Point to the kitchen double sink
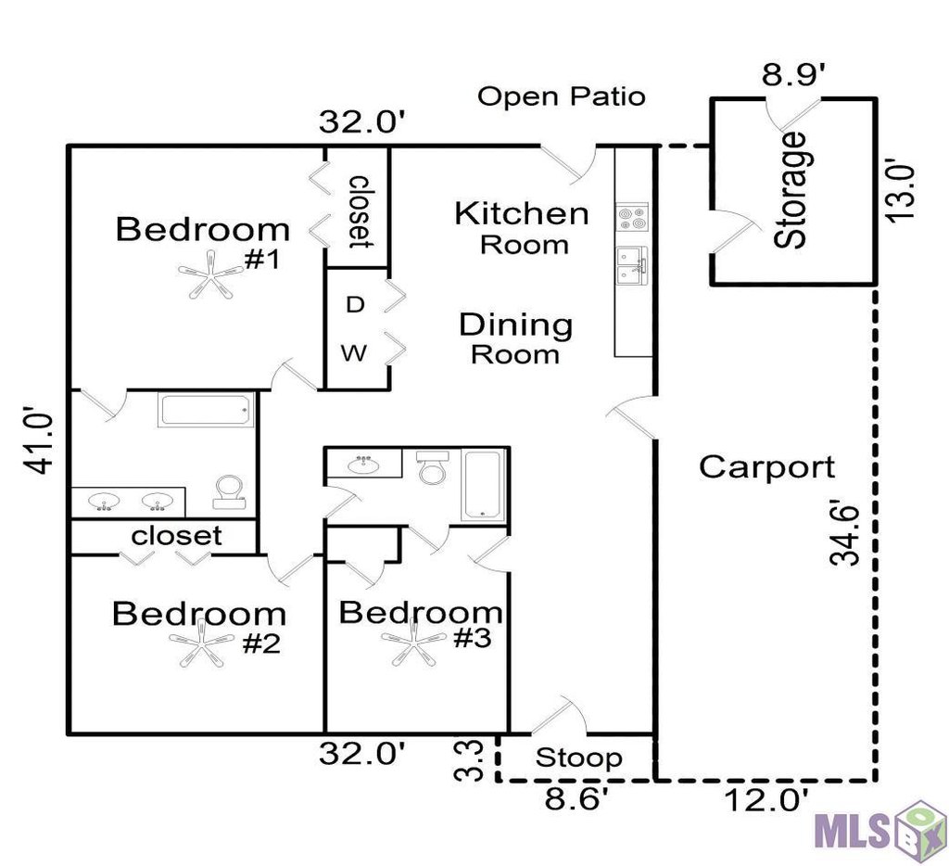coord(632,265)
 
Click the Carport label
coord(766,467)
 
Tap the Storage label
coord(790,190)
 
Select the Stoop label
coord(578,758)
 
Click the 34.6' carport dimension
coord(844,532)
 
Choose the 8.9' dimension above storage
coord(793,76)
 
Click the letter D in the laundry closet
coord(355,305)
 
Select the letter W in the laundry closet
coord(353,352)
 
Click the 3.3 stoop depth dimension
coord(469,760)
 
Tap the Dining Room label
coord(515,338)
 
